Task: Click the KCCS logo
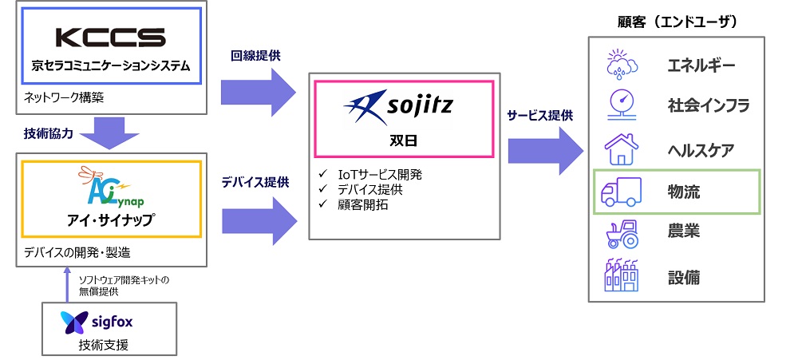point(110,37)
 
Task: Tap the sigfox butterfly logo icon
point(75,322)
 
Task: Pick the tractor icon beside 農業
point(621,234)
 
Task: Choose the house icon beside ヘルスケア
point(621,148)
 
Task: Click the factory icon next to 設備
point(621,275)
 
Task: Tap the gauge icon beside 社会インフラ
point(621,105)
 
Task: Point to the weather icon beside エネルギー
point(621,63)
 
